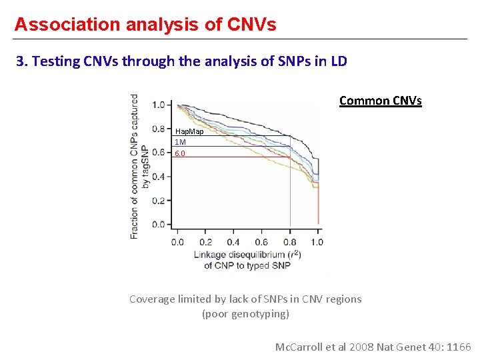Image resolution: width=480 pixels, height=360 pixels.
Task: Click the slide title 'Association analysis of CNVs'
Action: [145, 25]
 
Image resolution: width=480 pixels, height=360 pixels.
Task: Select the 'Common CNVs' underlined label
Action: [380, 101]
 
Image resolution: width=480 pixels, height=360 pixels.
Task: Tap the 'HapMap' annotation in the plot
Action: [189, 131]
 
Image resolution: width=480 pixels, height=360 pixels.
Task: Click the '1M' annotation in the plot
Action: [180, 142]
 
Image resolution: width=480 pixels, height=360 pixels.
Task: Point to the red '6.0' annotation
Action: [180, 153]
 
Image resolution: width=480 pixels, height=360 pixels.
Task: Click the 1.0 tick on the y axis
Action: [159, 105]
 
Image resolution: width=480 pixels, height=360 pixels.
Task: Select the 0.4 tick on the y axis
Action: [159, 177]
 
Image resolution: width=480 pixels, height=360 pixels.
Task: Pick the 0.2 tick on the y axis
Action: [159, 201]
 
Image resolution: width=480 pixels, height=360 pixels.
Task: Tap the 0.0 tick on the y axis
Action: [159, 225]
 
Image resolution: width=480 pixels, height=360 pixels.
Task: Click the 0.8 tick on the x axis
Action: [289, 242]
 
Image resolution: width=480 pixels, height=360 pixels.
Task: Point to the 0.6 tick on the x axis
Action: [261, 242]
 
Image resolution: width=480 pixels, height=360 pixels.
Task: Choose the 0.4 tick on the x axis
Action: [233, 242]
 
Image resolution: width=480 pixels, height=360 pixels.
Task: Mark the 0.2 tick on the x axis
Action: [205, 242]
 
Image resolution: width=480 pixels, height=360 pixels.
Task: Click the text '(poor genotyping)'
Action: [245, 313]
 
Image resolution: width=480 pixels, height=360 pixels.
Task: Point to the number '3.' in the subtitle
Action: [21, 61]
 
